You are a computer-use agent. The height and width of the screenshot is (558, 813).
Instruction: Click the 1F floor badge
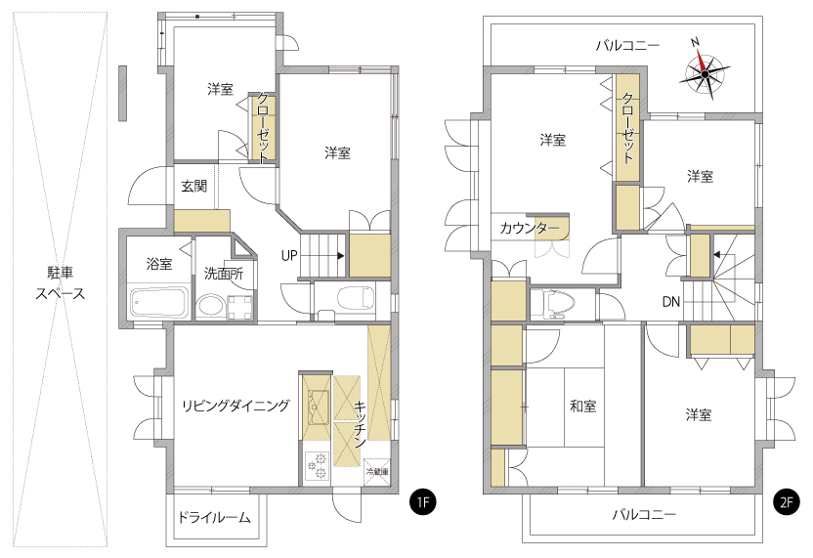(423, 501)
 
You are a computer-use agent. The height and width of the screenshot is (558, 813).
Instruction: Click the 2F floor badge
(786, 501)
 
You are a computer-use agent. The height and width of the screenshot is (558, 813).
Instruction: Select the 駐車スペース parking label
(61, 282)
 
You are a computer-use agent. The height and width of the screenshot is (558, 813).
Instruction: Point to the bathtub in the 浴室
(157, 302)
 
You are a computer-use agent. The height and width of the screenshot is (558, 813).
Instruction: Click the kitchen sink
(316, 408)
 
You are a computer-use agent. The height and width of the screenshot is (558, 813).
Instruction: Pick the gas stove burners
(317, 465)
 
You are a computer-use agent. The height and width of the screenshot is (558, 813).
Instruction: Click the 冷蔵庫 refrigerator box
(377, 471)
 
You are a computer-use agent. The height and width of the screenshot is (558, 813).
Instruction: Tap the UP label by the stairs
(289, 255)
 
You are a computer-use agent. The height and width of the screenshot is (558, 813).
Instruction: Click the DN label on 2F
(670, 301)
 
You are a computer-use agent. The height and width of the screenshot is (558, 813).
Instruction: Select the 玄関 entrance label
(194, 186)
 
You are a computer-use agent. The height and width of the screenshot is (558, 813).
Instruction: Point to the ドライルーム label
(214, 517)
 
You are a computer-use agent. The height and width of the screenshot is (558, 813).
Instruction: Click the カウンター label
(529, 228)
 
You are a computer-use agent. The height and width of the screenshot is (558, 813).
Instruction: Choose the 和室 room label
(583, 406)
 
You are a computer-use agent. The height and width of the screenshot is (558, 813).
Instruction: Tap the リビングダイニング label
(235, 405)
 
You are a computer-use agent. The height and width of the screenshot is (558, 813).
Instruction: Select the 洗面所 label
(224, 274)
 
